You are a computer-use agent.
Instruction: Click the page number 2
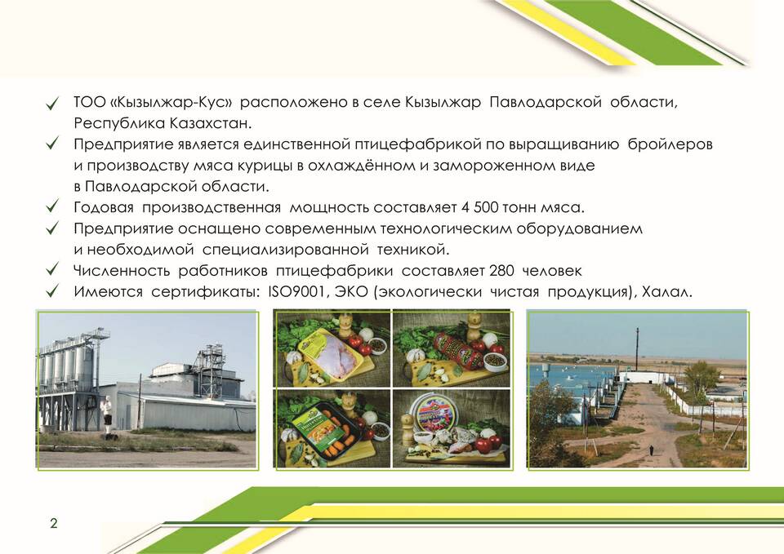(54, 523)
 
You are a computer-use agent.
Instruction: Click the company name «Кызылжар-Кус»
(171, 102)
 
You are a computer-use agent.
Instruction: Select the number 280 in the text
(501, 270)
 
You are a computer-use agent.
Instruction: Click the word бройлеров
(670, 144)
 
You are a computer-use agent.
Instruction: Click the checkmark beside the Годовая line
(52, 206)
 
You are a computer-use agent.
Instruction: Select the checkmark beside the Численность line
(52, 269)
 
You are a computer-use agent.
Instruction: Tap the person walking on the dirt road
(652, 450)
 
